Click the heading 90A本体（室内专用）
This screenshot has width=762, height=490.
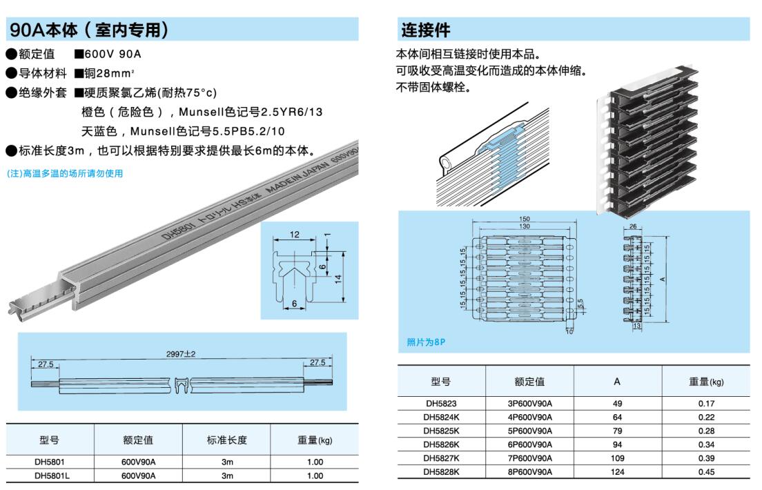click(x=90, y=30)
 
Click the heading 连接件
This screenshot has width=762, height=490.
click(x=426, y=30)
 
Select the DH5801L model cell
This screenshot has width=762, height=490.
click(x=50, y=476)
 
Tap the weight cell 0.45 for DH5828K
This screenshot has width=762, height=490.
click(x=706, y=472)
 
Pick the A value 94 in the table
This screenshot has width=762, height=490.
click(x=617, y=444)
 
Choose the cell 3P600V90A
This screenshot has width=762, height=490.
click(x=529, y=403)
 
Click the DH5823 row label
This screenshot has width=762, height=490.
click(x=441, y=403)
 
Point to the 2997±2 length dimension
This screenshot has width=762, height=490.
click(x=182, y=354)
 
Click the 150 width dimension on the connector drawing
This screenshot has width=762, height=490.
click(x=525, y=219)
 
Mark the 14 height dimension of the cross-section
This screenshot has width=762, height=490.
click(x=338, y=277)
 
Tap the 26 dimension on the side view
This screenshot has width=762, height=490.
click(x=634, y=226)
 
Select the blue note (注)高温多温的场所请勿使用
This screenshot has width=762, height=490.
click(x=65, y=174)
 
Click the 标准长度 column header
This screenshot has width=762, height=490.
click(x=226, y=440)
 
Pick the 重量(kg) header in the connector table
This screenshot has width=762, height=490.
click(x=706, y=381)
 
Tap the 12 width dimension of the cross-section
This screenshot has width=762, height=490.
click(x=295, y=235)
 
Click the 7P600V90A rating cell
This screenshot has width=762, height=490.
click(x=529, y=458)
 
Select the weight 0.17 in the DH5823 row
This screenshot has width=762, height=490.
click(x=706, y=403)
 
